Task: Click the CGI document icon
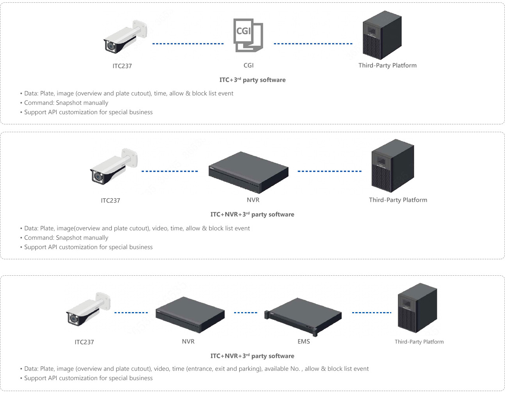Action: coord(248,35)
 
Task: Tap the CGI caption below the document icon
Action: coord(249,65)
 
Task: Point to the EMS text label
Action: coord(304,341)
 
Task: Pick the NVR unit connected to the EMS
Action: coord(190,315)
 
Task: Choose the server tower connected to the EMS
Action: coord(417,308)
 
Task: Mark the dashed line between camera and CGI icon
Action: coord(188,44)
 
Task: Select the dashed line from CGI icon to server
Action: coord(313,44)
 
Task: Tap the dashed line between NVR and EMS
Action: coord(245,312)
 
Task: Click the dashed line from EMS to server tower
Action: coord(371,312)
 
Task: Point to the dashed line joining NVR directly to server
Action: coord(330,171)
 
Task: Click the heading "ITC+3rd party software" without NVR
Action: coord(252,80)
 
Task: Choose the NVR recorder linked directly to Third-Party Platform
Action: coord(249,172)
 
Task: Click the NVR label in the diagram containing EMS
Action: coord(188,341)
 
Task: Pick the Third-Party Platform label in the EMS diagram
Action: coord(419,342)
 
